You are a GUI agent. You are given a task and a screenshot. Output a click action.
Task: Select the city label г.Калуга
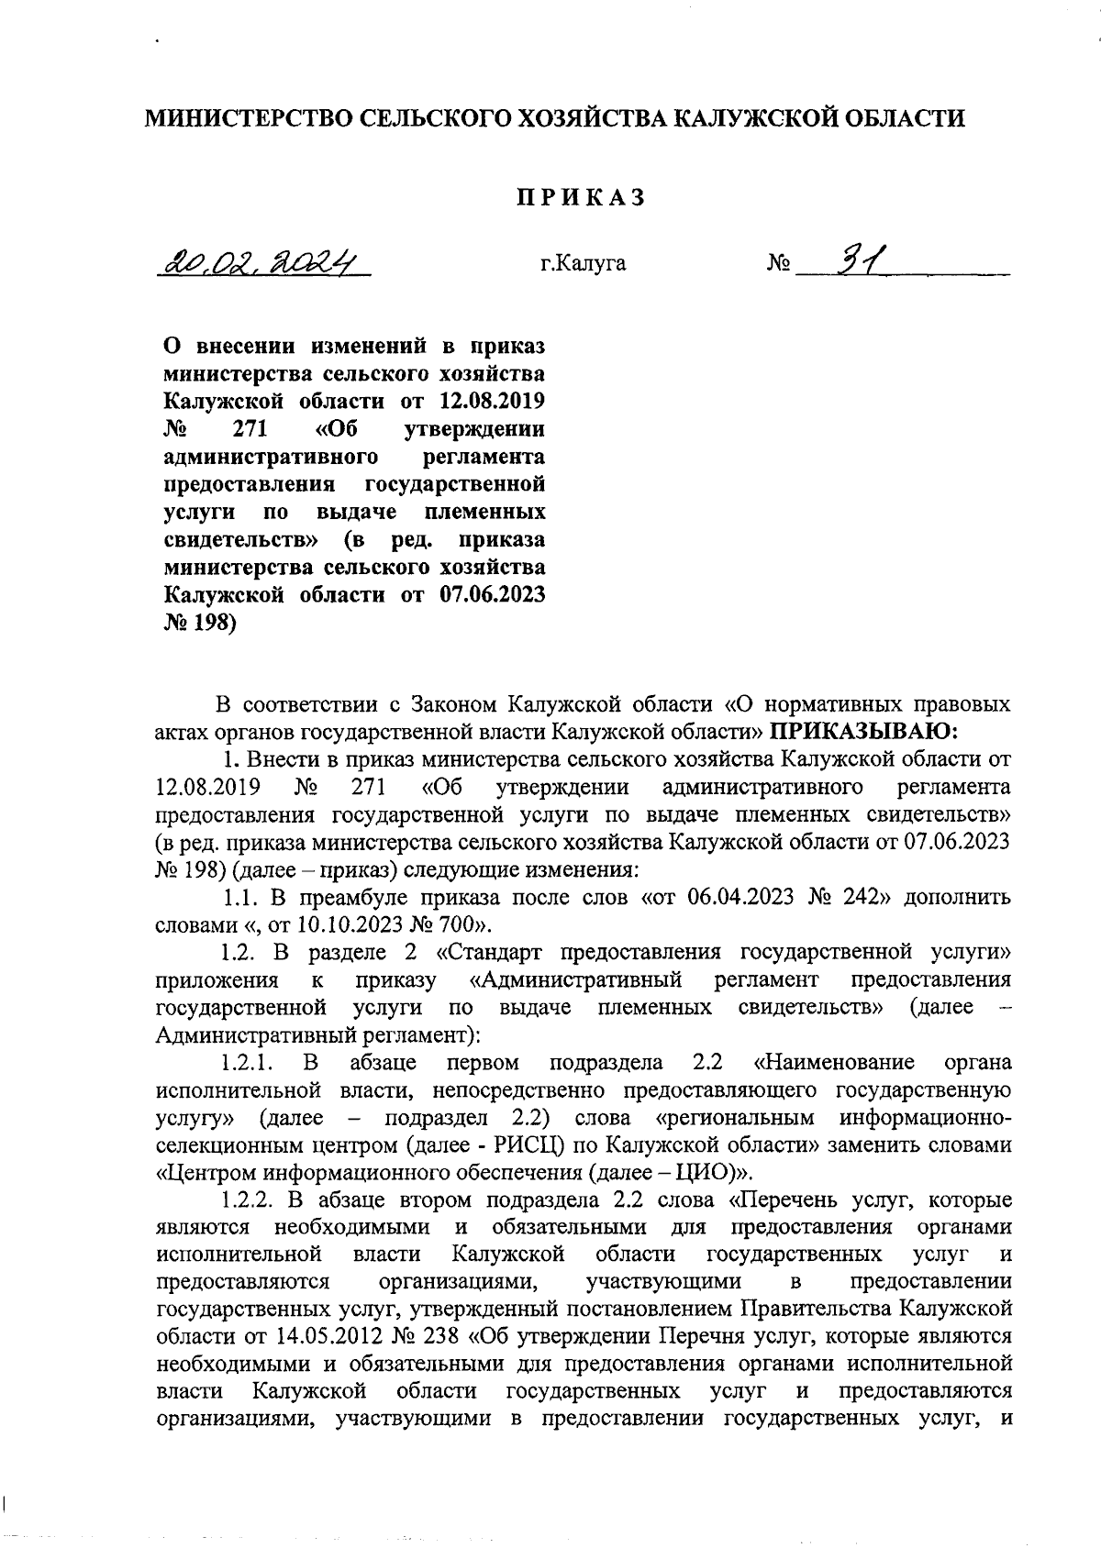pos(584,264)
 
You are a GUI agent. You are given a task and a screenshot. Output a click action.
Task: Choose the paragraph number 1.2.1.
pos(248,1063)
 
